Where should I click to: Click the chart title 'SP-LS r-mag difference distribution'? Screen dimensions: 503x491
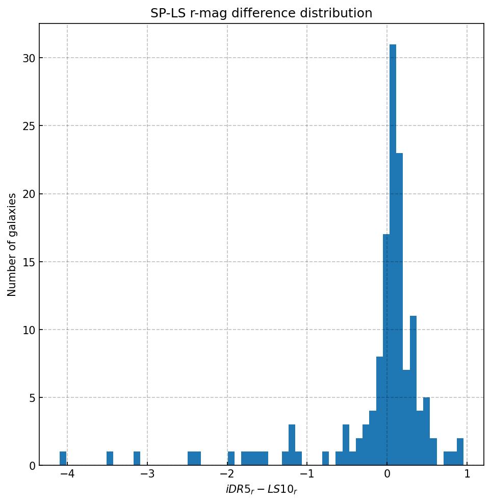tap(261, 13)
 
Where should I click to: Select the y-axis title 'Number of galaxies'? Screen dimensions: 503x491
tap(12, 244)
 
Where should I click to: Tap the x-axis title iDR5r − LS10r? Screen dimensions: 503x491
tap(261, 490)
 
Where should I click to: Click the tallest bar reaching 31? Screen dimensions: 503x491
tap(393, 255)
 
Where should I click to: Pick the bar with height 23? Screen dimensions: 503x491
tap(399, 309)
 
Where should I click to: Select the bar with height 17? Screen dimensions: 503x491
tap(386, 350)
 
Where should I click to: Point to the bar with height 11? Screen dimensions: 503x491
tap(413, 391)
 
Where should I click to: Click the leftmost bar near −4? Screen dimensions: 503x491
tap(63, 459)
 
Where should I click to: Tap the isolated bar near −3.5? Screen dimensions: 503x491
tap(110, 459)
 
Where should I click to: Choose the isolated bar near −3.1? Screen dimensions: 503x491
tap(137, 459)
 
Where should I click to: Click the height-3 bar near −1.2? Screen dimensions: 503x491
tap(292, 445)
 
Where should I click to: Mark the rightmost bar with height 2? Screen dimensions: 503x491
tap(460, 452)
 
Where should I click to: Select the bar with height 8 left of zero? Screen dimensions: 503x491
tap(379, 411)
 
